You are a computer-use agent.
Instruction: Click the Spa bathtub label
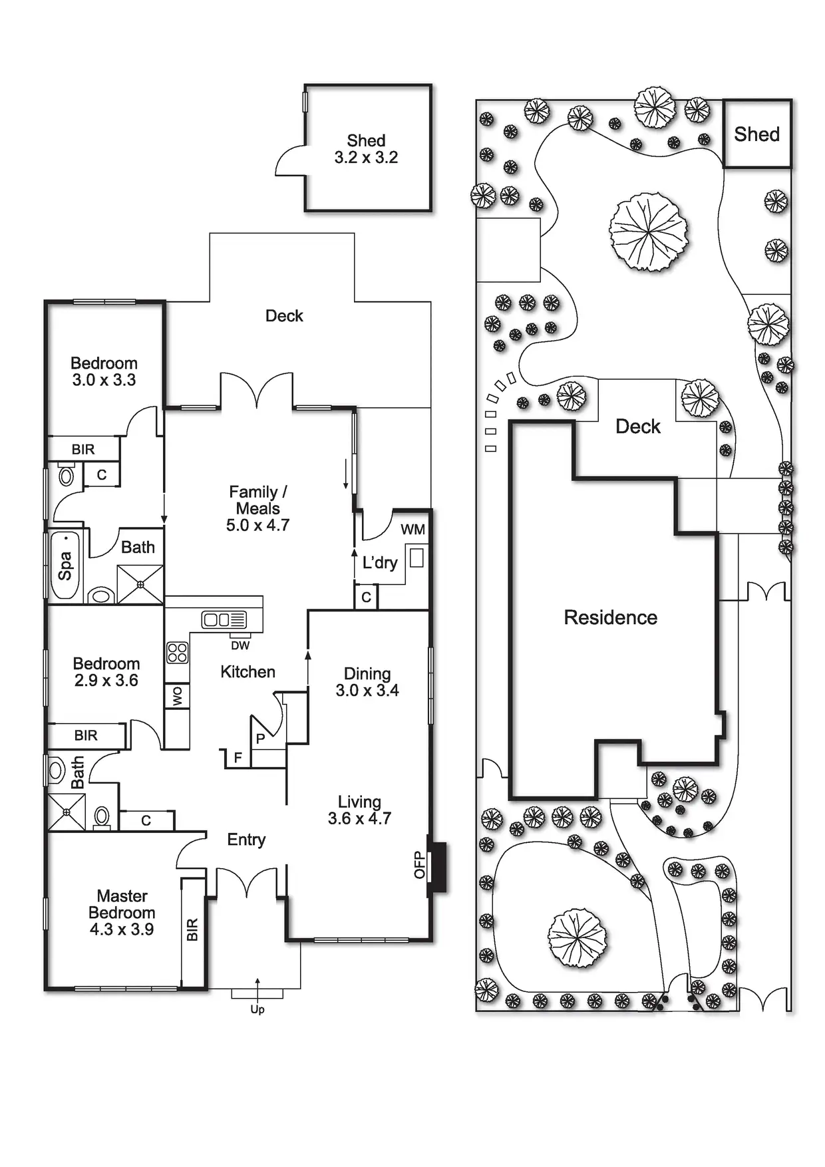pyautogui.click(x=65, y=567)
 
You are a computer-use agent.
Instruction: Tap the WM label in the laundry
pyautogui.click(x=412, y=530)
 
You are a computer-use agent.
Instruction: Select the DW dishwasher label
pyautogui.click(x=240, y=645)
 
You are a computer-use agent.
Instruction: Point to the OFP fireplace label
pyautogui.click(x=419, y=864)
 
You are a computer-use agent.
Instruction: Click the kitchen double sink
pyautogui.click(x=224, y=620)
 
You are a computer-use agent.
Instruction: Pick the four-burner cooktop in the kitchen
pyautogui.click(x=177, y=652)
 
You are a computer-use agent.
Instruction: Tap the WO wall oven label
pyautogui.click(x=177, y=697)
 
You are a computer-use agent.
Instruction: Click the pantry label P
pyautogui.click(x=260, y=739)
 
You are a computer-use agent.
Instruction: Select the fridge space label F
pyautogui.click(x=238, y=757)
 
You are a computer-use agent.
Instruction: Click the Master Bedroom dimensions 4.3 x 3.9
pyautogui.click(x=122, y=929)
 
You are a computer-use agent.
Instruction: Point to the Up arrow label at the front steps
pyautogui.click(x=257, y=1009)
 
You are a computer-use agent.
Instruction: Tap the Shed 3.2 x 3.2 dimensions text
pyautogui.click(x=366, y=158)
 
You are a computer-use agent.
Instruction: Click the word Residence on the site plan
pyautogui.click(x=611, y=617)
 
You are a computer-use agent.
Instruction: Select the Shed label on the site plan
pyautogui.click(x=757, y=134)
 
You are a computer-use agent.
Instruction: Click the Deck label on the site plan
pyautogui.click(x=638, y=426)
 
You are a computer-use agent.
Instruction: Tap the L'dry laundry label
pyautogui.click(x=380, y=563)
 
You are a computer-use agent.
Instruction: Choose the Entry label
pyautogui.click(x=246, y=840)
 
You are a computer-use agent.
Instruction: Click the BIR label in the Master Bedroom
pyautogui.click(x=192, y=929)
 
